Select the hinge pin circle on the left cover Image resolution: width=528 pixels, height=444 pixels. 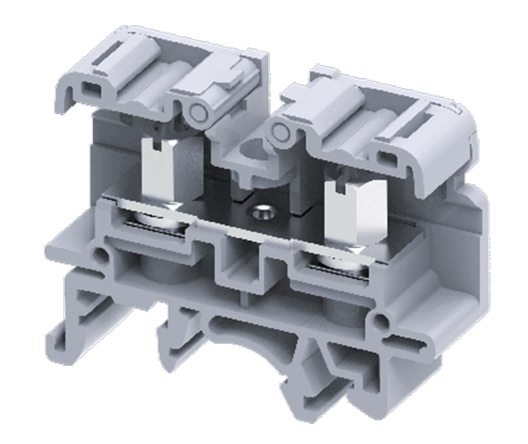(196, 111)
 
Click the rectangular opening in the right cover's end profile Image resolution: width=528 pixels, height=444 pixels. (388, 157)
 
